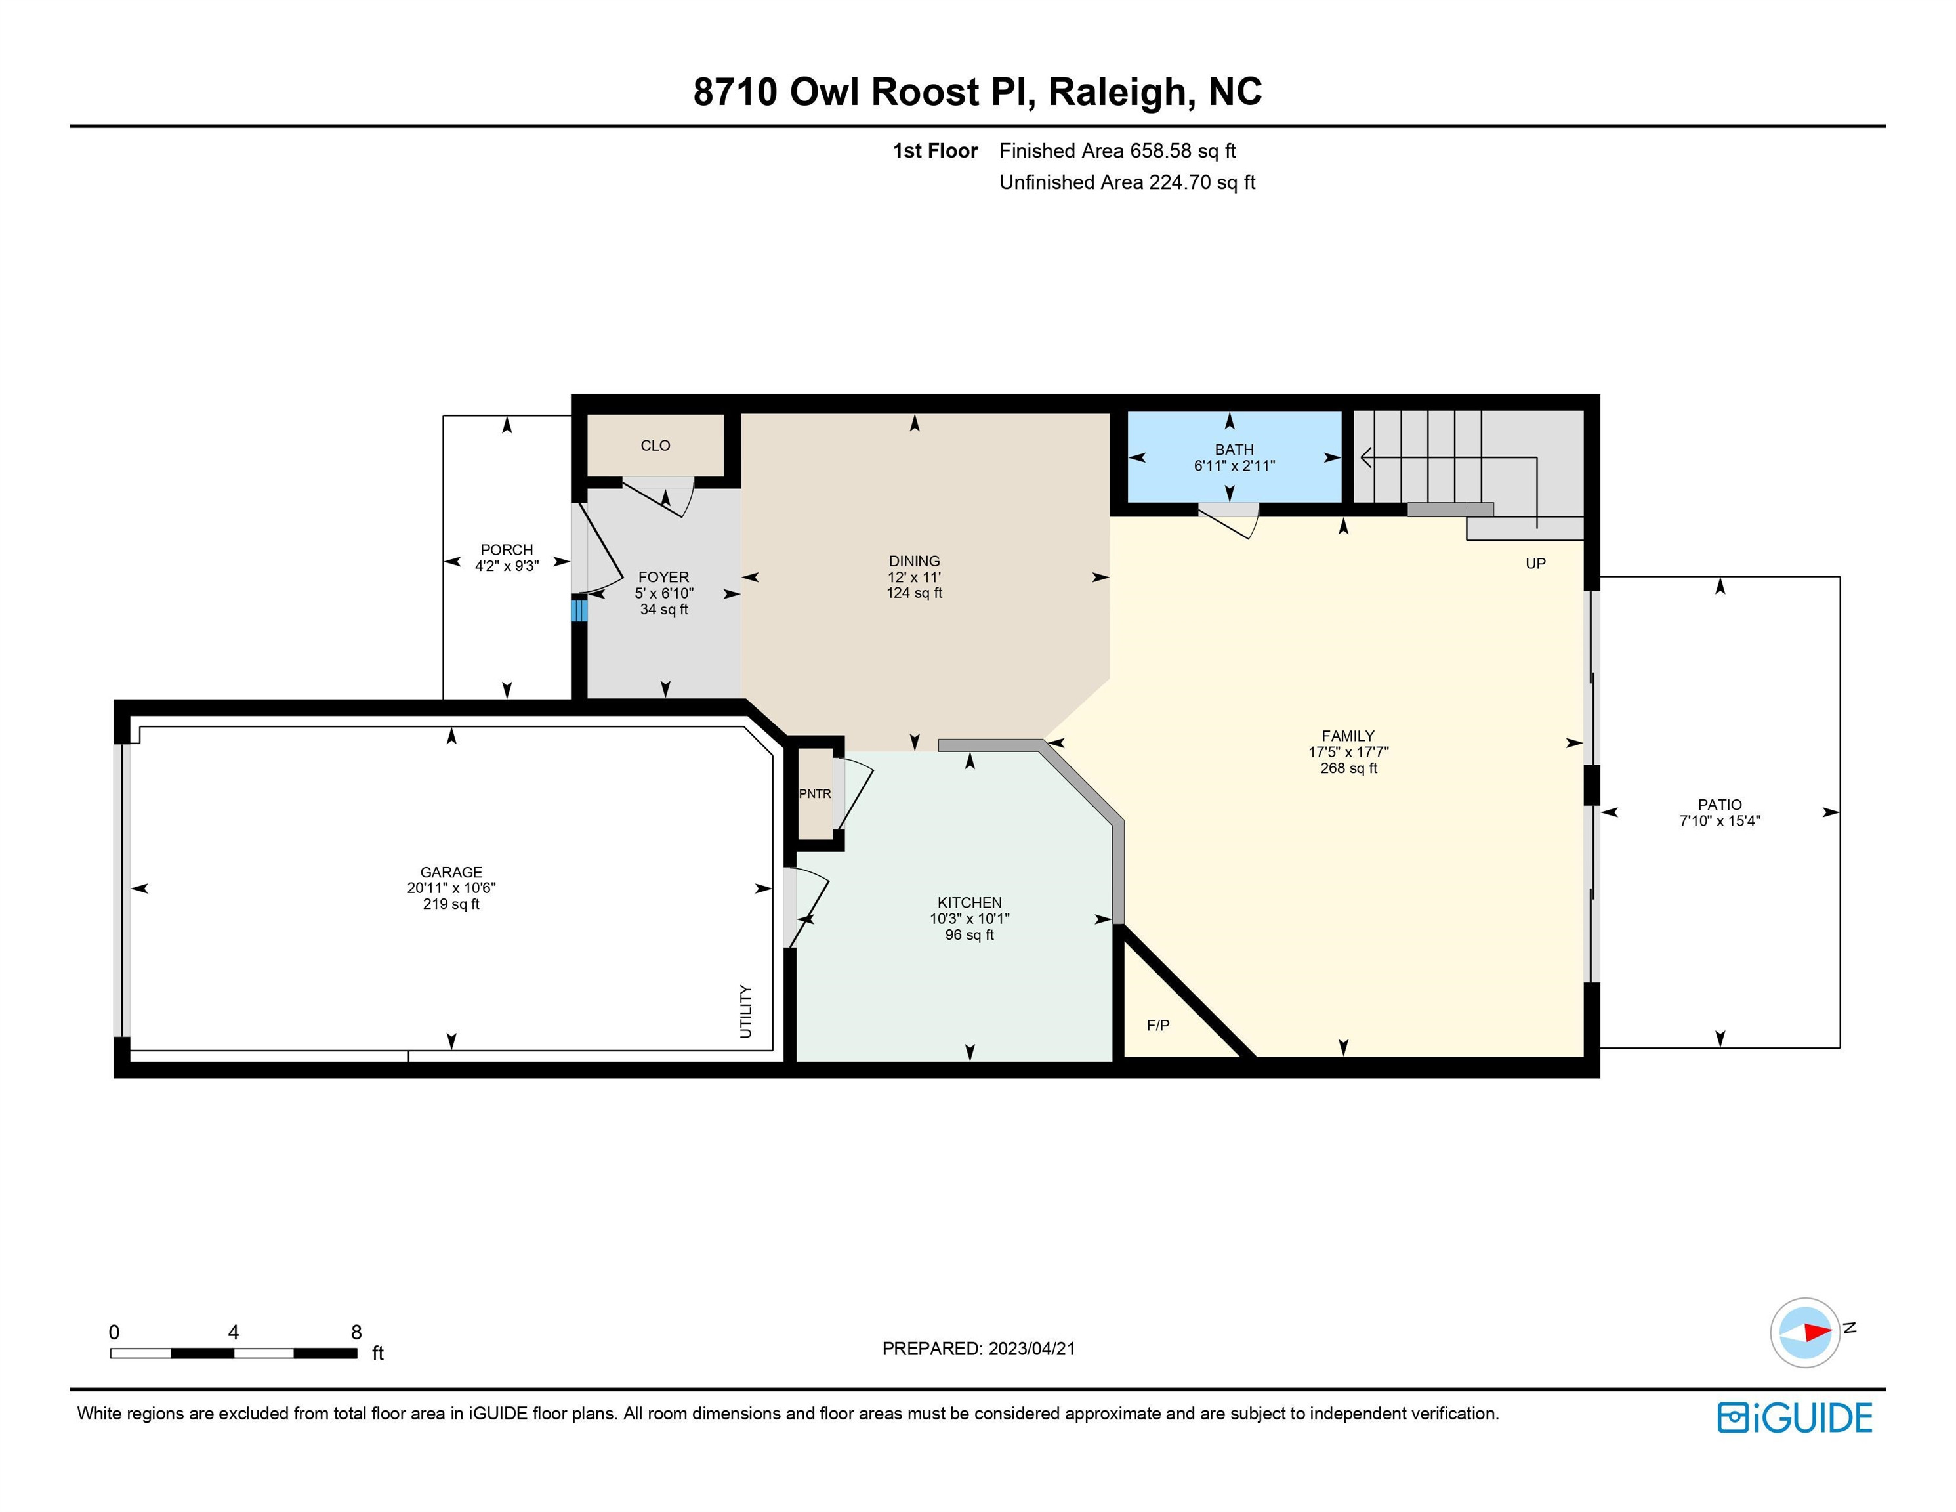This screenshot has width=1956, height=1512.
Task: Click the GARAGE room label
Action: (451, 871)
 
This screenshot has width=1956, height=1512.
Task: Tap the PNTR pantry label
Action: (815, 793)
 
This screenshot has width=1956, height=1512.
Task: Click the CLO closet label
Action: (655, 445)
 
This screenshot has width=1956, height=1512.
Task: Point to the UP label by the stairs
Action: (1535, 564)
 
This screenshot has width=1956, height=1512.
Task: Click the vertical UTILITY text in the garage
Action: (746, 1011)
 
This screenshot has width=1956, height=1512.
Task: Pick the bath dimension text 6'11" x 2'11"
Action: (1234, 466)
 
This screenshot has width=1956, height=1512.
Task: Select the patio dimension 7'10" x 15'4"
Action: (1720, 820)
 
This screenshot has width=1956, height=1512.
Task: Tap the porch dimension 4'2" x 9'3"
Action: (507, 566)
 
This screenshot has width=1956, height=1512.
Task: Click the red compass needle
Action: (1816, 1332)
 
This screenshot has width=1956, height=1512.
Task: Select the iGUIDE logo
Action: (1795, 1417)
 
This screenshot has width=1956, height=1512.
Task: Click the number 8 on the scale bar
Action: (356, 1332)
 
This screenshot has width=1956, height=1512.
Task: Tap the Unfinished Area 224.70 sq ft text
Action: (1127, 182)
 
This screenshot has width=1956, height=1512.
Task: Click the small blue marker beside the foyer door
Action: (579, 611)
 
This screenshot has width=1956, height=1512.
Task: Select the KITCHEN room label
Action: (969, 902)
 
